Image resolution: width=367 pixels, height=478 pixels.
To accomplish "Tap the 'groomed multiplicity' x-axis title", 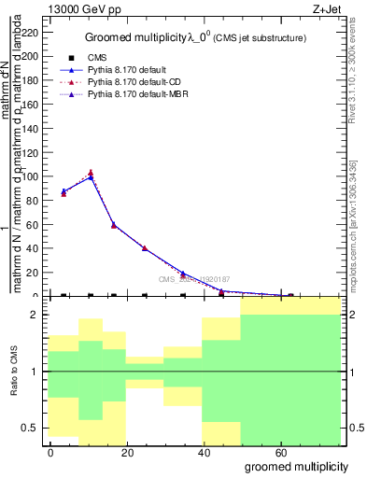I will (292, 466).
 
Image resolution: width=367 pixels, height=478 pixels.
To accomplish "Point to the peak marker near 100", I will (91, 175).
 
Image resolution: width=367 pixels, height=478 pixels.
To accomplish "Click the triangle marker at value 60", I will (114, 225).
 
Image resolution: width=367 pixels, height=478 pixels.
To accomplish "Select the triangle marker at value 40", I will (145, 248).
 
